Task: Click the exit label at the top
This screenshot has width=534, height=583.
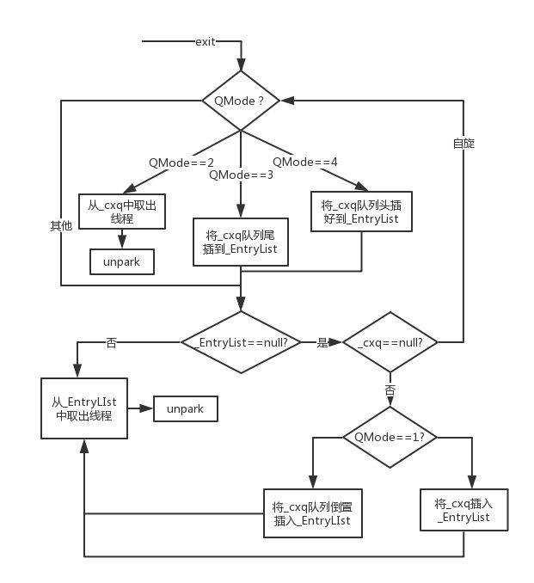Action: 206,41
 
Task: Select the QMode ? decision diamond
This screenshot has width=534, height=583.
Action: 241,101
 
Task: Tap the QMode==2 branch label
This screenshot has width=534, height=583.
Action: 181,163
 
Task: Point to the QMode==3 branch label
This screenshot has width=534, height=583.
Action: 241,175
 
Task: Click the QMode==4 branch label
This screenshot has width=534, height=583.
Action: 305,162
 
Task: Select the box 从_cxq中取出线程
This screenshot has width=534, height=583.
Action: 122,212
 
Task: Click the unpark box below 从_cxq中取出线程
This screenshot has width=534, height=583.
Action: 122,261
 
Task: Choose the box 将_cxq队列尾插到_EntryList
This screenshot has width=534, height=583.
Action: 241,242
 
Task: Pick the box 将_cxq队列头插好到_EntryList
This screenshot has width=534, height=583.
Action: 361,212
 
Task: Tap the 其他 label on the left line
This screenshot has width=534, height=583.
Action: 61,225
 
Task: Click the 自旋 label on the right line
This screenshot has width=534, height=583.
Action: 463,143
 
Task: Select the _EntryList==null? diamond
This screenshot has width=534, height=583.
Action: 241,342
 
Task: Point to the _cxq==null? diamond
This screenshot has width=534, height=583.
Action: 390,342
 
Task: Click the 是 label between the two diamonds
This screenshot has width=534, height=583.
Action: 322,342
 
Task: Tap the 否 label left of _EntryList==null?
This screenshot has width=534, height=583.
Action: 111,342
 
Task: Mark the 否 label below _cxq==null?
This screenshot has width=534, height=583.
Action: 390,390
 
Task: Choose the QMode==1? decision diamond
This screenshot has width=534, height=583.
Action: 390,437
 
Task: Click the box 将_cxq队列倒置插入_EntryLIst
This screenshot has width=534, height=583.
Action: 313,513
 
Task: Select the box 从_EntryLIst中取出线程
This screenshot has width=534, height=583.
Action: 84,408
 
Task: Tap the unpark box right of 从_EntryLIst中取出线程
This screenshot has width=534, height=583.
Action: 186,408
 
